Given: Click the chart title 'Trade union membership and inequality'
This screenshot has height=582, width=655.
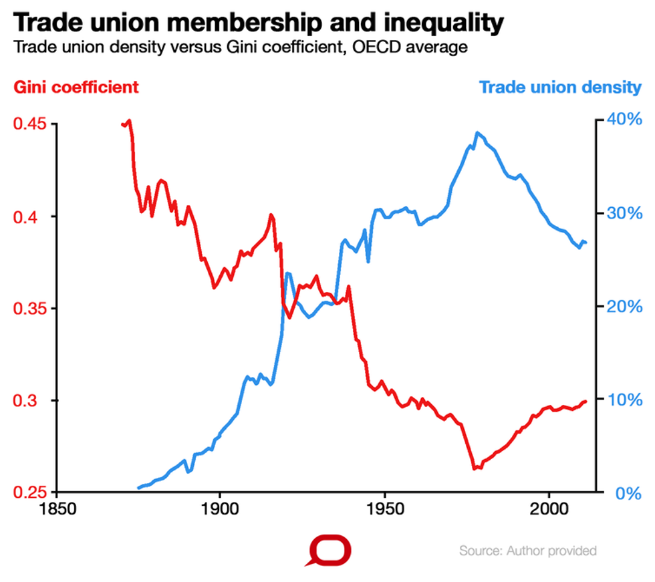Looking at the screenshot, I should [x=258, y=23].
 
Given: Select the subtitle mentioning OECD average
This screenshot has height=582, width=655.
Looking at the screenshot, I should [x=239, y=48].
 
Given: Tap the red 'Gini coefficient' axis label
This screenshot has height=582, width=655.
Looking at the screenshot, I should [x=76, y=87].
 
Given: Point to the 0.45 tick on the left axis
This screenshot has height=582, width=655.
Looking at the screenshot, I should [x=29, y=124].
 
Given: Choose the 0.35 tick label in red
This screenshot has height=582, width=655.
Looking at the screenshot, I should [x=29, y=309].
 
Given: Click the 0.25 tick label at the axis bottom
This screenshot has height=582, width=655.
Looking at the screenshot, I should [x=29, y=492].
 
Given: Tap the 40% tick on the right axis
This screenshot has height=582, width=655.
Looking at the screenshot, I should [x=624, y=120].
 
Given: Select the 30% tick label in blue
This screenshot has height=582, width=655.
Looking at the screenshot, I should [x=624, y=213].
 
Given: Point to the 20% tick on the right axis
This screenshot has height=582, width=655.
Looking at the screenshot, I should [x=624, y=306].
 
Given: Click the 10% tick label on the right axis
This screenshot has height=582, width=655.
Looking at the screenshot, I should [x=624, y=400].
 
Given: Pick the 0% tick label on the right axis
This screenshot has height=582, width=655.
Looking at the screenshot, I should [x=628, y=493].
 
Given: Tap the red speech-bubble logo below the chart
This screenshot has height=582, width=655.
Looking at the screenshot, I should [x=330, y=551].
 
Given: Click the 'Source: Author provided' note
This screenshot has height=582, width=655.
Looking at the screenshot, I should [x=527, y=551].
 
